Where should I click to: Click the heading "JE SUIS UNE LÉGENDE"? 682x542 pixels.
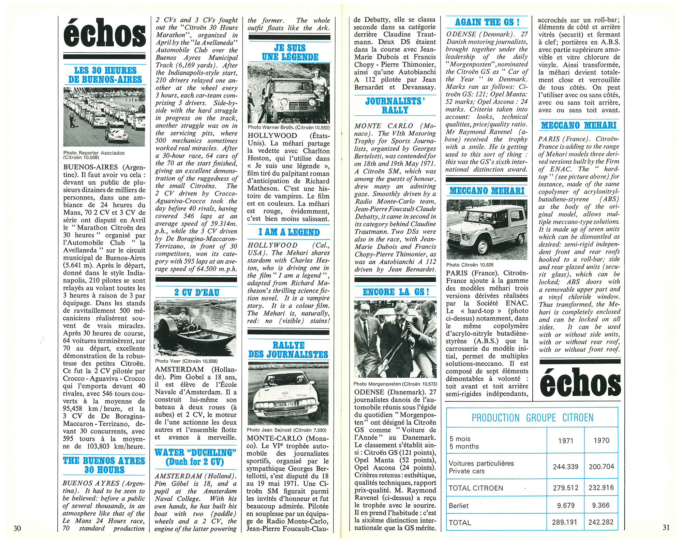[x=290, y=53]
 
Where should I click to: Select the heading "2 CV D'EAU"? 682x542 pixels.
[x=197, y=292]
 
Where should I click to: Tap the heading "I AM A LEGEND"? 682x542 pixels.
[x=289, y=232]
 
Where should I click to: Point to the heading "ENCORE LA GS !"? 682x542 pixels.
[x=396, y=292]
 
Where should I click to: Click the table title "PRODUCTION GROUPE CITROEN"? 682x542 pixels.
[x=532, y=418]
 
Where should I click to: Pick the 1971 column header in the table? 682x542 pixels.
[x=565, y=441]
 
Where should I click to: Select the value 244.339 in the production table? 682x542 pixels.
[x=565, y=467]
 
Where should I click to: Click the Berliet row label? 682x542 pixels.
[x=459, y=506]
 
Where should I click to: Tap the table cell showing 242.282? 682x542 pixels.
[x=601, y=522]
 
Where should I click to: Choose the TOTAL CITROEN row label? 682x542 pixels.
[x=476, y=488]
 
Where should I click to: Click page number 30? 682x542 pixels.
[x=17, y=528]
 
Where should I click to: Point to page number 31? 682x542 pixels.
[x=666, y=527]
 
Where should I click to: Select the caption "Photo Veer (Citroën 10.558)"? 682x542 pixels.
[x=186, y=361]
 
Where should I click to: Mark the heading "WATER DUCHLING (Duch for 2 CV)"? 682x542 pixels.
[x=195, y=457]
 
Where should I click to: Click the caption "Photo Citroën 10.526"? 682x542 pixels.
[x=470, y=265]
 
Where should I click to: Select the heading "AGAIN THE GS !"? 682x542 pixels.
[x=487, y=22]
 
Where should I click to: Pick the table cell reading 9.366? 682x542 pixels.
[x=601, y=506]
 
